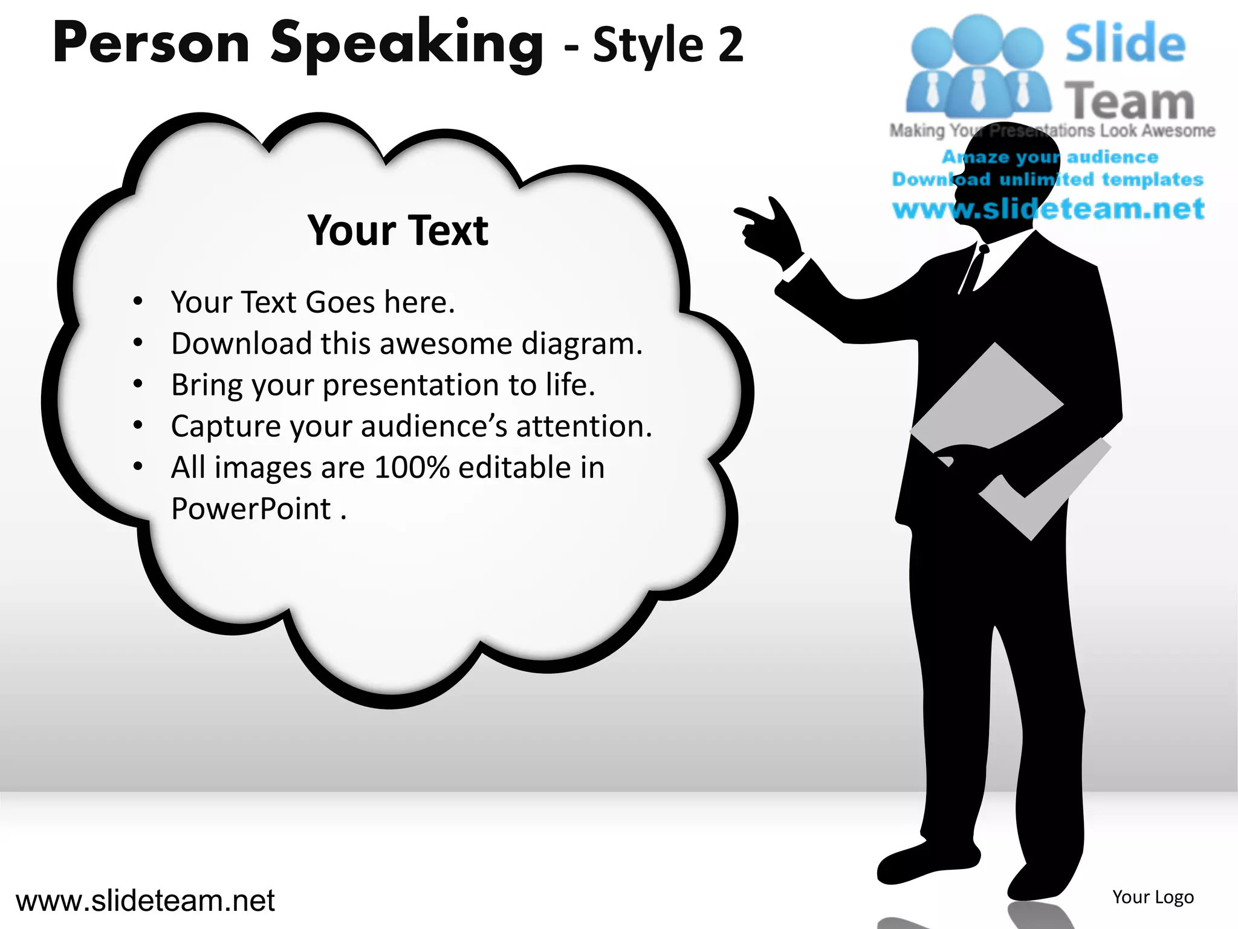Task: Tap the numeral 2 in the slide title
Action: click(730, 46)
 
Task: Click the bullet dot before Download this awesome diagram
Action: click(138, 343)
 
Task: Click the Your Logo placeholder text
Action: click(1153, 897)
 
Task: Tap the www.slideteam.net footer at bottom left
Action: click(145, 901)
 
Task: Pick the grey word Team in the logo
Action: click(1129, 101)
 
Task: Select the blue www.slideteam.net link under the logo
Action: click(1048, 209)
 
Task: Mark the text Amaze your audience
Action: click(1049, 157)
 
